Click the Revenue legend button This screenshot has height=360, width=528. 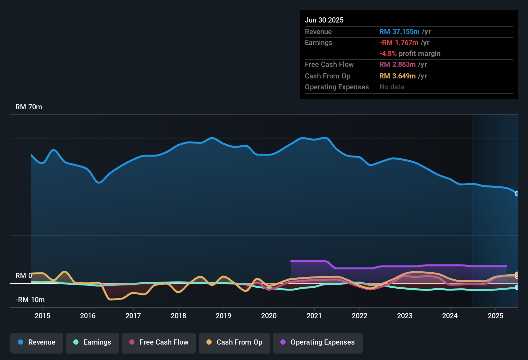37,342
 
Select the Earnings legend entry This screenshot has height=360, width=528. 92,342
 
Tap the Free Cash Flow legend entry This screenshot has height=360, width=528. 159,342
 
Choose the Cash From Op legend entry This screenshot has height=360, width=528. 234,342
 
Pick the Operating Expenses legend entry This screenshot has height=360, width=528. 317,342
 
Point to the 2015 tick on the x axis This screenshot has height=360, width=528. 42,316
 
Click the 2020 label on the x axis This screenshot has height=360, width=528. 269,316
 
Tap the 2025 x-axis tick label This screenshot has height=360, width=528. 495,316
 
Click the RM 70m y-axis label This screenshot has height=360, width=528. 29,107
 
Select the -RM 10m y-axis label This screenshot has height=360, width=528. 30,300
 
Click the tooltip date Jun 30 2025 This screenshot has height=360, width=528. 324,20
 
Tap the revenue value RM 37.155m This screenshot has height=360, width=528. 399,32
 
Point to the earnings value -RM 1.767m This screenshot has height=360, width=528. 399,43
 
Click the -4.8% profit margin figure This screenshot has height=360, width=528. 388,54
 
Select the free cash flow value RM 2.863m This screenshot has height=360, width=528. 397,65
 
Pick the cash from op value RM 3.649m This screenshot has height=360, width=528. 397,76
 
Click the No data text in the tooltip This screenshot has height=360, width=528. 392,87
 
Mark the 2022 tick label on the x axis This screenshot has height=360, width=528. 360,316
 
